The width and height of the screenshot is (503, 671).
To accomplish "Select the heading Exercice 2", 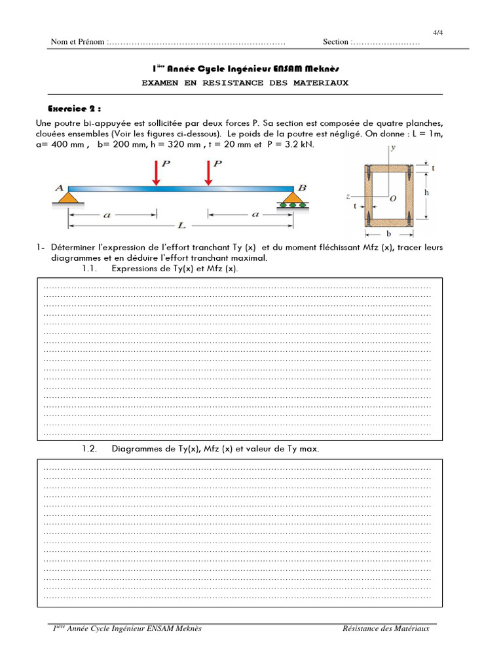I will tap(75, 108).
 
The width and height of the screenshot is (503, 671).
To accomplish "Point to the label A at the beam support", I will tap(59, 187).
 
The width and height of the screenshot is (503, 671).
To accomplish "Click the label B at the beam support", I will tap(302, 187).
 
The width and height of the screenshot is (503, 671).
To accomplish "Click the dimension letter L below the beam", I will tap(181, 225).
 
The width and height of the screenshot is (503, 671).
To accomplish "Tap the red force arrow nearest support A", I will tap(155, 173).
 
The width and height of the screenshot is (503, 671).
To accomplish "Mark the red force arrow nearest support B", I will tap(208, 173).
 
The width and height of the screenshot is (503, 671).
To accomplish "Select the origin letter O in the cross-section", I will tap(392, 199).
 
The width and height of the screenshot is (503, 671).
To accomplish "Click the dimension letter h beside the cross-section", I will tap(426, 193).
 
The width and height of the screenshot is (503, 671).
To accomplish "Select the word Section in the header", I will tap(336, 42).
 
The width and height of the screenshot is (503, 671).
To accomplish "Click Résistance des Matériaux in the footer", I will tap(386, 629).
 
